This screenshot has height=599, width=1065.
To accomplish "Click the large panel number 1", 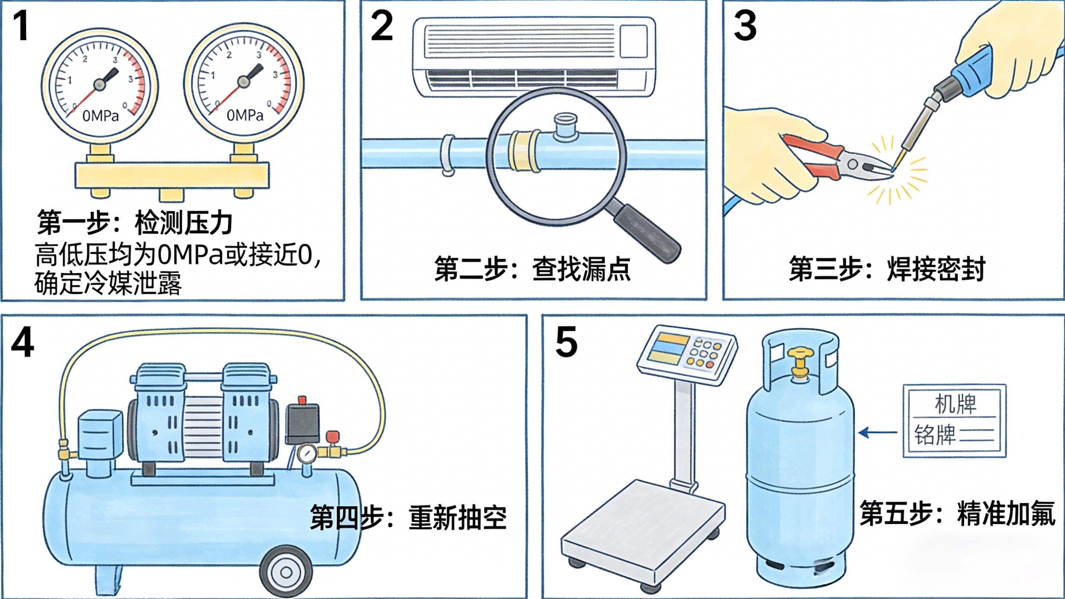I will [x=21, y=26].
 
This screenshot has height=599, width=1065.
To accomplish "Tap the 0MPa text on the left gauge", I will [x=101, y=116].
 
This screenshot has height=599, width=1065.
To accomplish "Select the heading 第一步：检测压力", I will [x=135, y=223].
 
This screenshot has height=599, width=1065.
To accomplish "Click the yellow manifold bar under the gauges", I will [x=172, y=175].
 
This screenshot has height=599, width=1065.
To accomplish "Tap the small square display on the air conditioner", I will [x=634, y=41].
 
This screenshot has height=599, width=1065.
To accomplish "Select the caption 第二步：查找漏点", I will [x=532, y=269].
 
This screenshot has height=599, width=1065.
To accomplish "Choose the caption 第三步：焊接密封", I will [x=887, y=269].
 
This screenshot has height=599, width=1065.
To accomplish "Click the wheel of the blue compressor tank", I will [x=286, y=572].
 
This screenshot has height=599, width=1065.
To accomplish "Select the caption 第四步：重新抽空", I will [x=408, y=517].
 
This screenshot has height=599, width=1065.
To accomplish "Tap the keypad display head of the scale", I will [x=686, y=354].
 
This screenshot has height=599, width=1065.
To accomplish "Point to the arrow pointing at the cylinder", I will [x=877, y=433].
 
